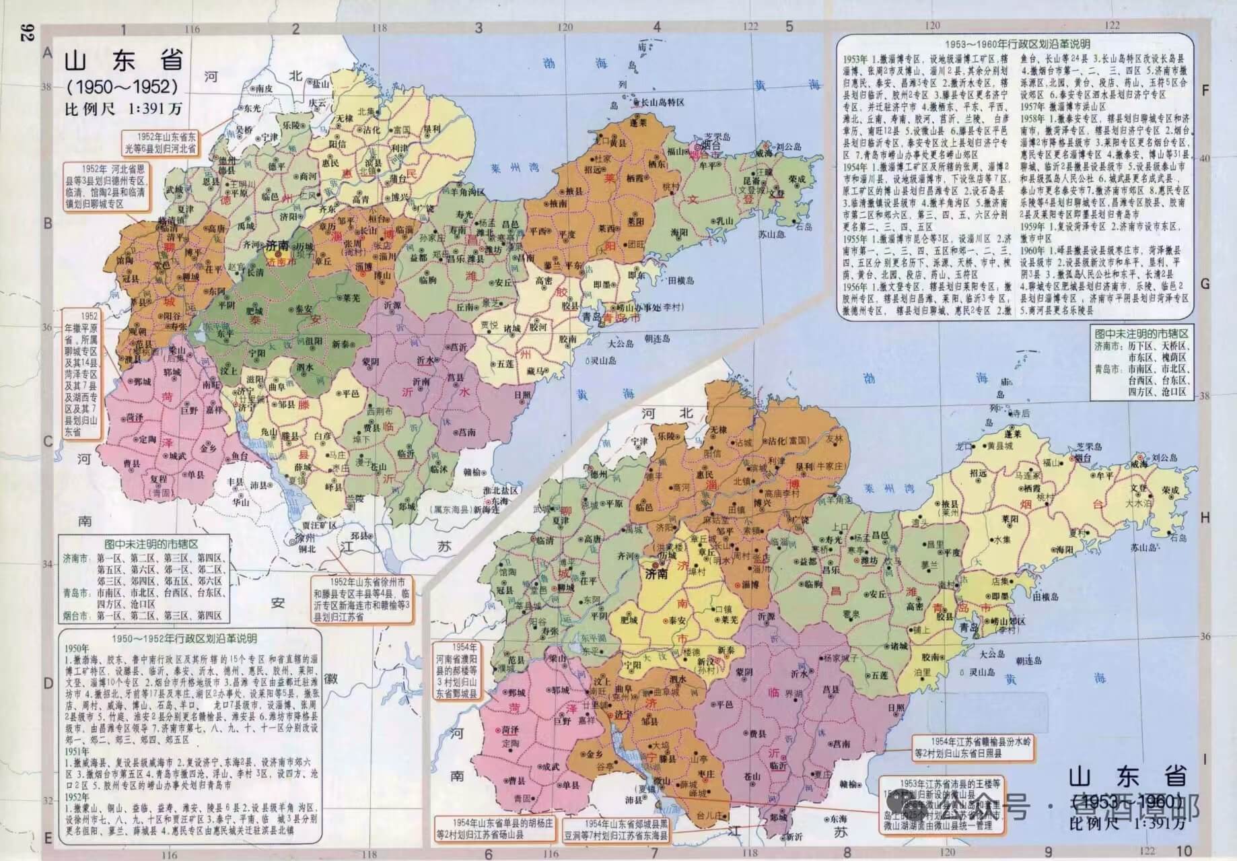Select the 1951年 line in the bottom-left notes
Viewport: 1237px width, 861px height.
coord(77,751)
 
